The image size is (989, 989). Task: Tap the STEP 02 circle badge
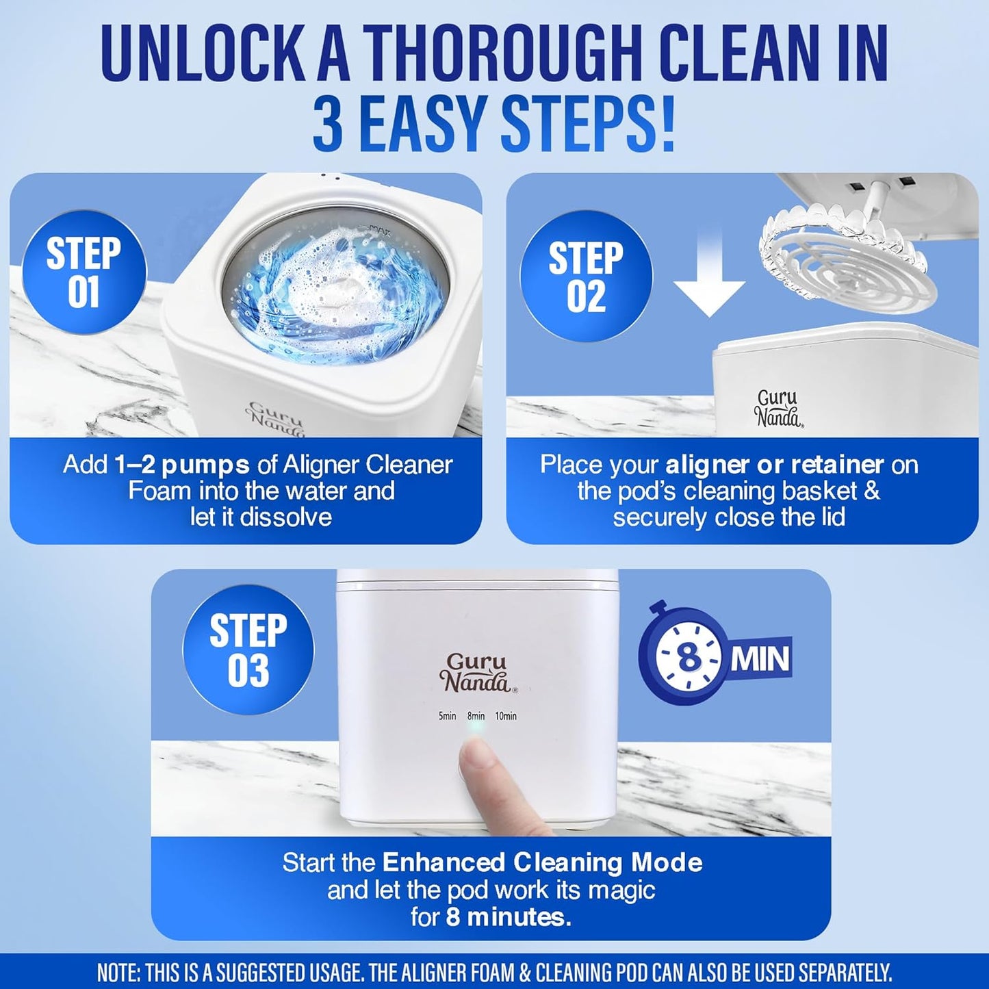click(x=586, y=277)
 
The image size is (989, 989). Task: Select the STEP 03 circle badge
click(x=248, y=650)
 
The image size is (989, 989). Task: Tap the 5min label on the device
click(x=447, y=716)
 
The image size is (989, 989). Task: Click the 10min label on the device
click(x=506, y=716)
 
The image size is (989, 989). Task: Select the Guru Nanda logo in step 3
click(x=476, y=673)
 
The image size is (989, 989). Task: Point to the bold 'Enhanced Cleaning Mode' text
click(x=542, y=862)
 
